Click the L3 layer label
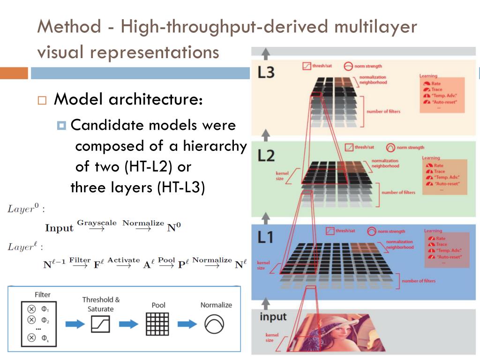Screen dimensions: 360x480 (x=265, y=73)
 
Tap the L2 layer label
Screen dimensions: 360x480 (x=266, y=156)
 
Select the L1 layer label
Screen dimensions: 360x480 (x=265, y=238)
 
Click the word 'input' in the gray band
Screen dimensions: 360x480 (x=273, y=317)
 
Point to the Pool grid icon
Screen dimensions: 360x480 (x=157, y=323)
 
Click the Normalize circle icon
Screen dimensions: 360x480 (x=215, y=323)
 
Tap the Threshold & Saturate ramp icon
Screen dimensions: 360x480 (x=100, y=323)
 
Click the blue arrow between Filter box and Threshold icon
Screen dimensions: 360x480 (x=72, y=324)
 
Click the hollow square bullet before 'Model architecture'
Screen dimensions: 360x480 (x=43, y=100)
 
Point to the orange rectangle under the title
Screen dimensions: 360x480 (x=14, y=74)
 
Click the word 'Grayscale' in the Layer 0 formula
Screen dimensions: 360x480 (x=97, y=223)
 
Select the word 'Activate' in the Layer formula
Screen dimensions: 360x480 (x=124, y=260)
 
